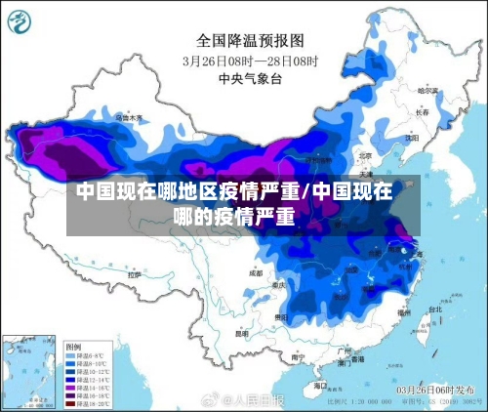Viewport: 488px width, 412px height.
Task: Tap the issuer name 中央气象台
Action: tap(245, 76)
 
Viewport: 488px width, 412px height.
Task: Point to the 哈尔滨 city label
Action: tap(428, 90)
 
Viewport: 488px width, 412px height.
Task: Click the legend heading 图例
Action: tap(72, 347)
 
